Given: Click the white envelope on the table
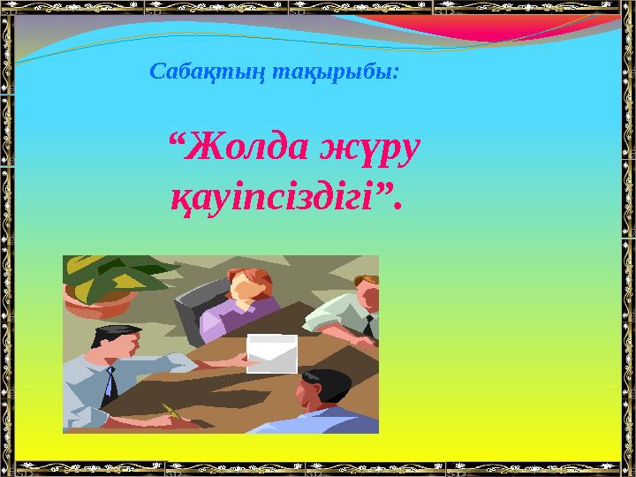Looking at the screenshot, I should (271, 353).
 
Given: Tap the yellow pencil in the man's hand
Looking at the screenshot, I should (170, 410).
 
